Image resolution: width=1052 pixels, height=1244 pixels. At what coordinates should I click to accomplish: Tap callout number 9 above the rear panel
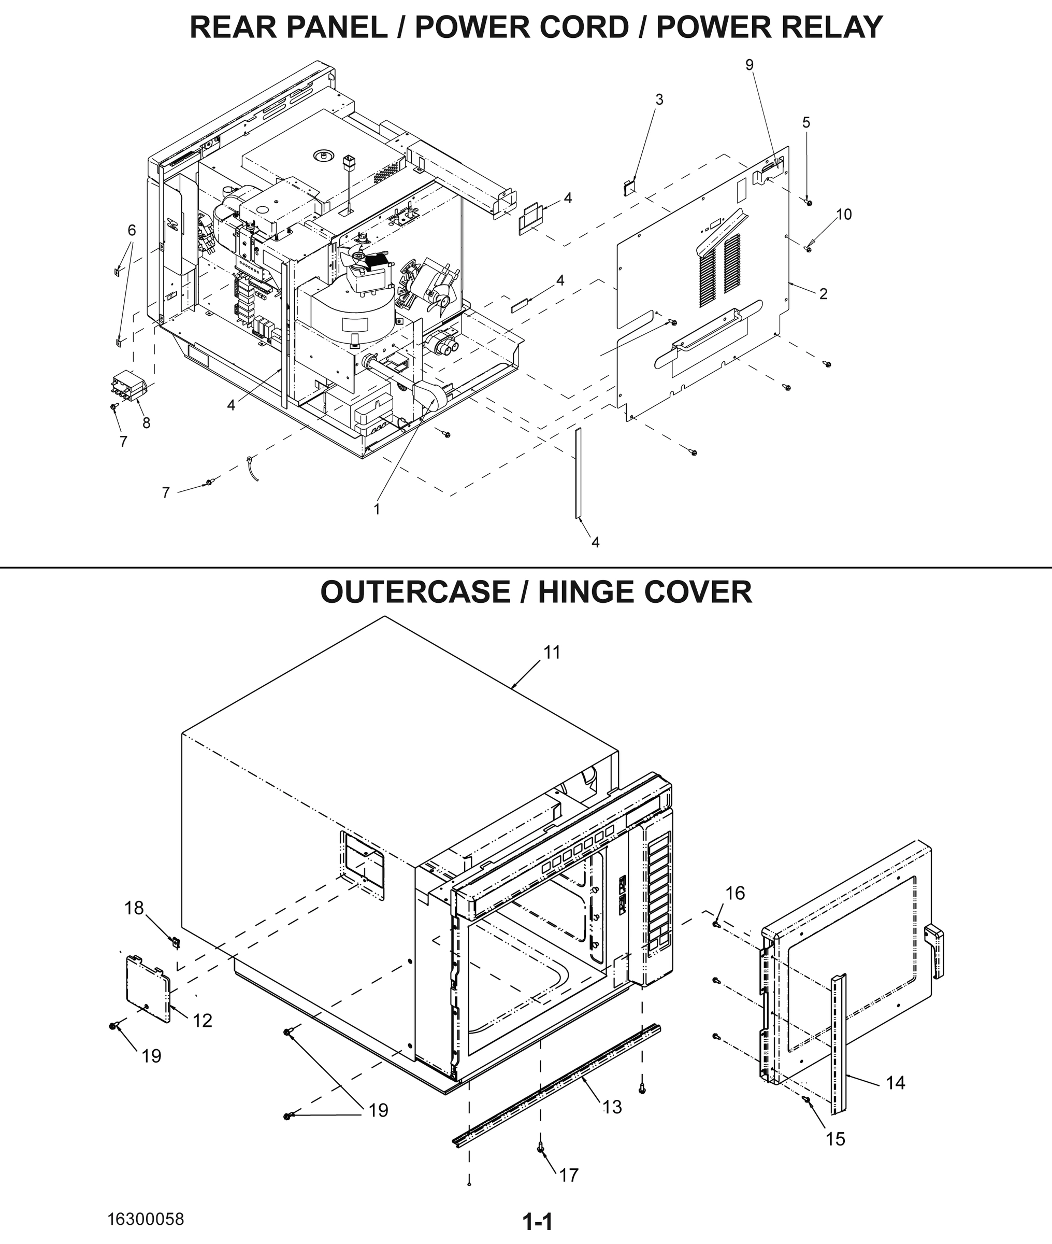tap(750, 65)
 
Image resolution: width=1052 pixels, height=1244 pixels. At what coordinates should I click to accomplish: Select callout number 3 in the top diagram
tap(659, 100)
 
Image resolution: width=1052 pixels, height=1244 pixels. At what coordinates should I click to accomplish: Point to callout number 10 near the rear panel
tap(844, 214)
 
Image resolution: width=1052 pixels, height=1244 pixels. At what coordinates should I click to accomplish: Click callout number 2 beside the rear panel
tap(823, 293)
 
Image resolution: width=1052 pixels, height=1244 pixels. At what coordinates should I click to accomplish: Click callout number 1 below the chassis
tap(377, 508)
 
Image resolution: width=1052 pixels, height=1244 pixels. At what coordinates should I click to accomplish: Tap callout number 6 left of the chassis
tap(132, 230)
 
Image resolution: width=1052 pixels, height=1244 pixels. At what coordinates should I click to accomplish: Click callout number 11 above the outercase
tap(552, 653)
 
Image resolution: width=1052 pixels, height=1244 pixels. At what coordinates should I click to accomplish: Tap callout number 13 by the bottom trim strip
tap(612, 1107)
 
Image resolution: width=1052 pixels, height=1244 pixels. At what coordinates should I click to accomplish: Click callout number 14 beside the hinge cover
tap(895, 1082)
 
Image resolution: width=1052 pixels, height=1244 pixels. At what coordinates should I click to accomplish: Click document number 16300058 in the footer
tap(146, 1219)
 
